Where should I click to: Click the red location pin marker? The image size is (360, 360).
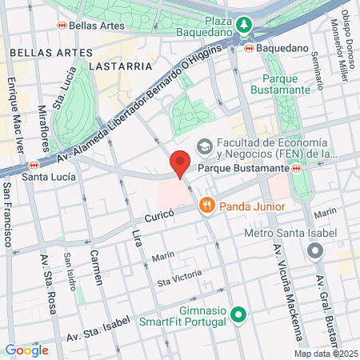(x=180, y=163)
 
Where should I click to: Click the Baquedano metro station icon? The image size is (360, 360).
(x=250, y=48)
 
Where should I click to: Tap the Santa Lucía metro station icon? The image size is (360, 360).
(x=33, y=165)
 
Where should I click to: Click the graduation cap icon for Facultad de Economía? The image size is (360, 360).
(x=205, y=146)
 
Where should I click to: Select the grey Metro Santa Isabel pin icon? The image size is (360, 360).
(x=315, y=251)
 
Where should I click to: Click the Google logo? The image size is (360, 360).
(x=27, y=350)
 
